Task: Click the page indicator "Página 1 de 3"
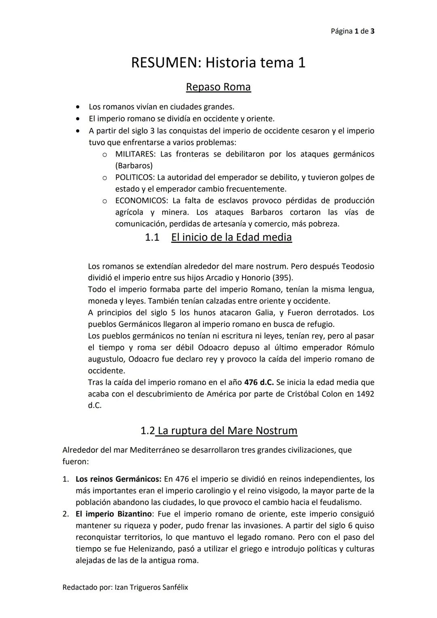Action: point(352,31)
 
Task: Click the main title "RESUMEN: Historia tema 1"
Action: point(218,63)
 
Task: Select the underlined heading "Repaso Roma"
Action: point(218,87)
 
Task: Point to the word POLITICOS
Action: point(134,177)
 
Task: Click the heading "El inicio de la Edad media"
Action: point(231,237)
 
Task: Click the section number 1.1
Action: point(152,237)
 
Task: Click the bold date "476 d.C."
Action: point(259,382)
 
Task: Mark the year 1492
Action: point(365,394)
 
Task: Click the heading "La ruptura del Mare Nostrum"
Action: point(227,431)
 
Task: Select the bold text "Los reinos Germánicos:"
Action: point(119,479)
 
